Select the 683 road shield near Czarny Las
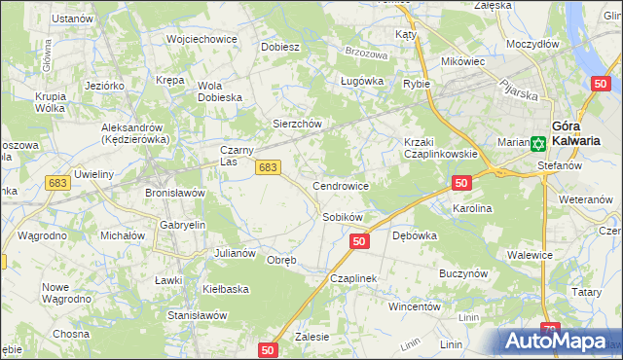pyautogui.click(x=269, y=168)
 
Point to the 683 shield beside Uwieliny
pyautogui.click(x=56, y=182)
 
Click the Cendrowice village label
pyautogui.click(x=340, y=185)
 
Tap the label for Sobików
pyautogui.click(x=343, y=217)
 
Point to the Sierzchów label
pyautogui.click(x=296, y=124)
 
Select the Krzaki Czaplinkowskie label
pyautogui.click(x=440, y=148)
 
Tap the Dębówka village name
pyautogui.click(x=414, y=235)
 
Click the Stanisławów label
pyautogui.click(x=198, y=315)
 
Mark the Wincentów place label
pyautogui.click(x=415, y=306)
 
